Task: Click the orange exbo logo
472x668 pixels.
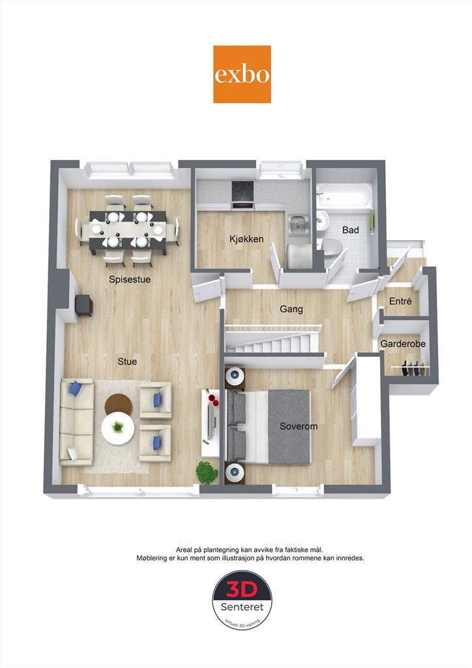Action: (x=242, y=74)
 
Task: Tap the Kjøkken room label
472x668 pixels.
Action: (x=246, y=239)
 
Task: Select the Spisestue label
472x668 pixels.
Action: (x=129, y=279)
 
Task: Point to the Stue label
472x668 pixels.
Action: (x=127, y=361)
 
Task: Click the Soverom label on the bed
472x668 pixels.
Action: (x=299, y=427)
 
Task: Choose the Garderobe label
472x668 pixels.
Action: (x=403, y=344)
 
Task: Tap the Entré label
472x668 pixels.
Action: (x=400, y=301)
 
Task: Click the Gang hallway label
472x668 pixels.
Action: (x=291, y=309)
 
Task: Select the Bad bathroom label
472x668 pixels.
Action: (x=350, y=230)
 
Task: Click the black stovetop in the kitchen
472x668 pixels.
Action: (x=243, y=191)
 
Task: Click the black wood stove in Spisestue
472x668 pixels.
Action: (x=84, y=305)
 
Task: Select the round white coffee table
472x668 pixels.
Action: (x=118, y=429)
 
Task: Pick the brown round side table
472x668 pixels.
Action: (x=118, y=403)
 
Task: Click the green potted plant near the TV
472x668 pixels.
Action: (x=207, y=473)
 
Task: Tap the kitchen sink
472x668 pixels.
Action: (x=297, y=223)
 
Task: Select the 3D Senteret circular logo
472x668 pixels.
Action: (x=242, y=600)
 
